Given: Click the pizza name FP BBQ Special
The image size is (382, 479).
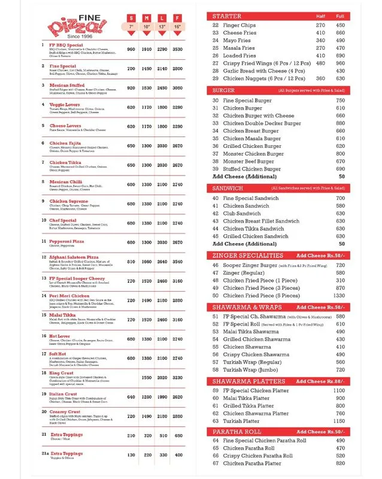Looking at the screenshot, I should coord(66,45).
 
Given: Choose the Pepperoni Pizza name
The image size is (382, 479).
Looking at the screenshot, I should coord(67,242).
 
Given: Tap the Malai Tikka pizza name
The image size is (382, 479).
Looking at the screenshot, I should coord(62,316).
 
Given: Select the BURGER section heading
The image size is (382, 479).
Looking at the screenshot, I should coord(224,90).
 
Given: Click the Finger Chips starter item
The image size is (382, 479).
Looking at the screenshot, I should coord(239,26).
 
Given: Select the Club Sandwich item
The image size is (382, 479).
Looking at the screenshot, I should coord(242,214).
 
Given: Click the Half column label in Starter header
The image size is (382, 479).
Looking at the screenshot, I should coord(322,16).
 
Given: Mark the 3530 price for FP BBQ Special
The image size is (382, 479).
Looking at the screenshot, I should coord(178,49).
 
